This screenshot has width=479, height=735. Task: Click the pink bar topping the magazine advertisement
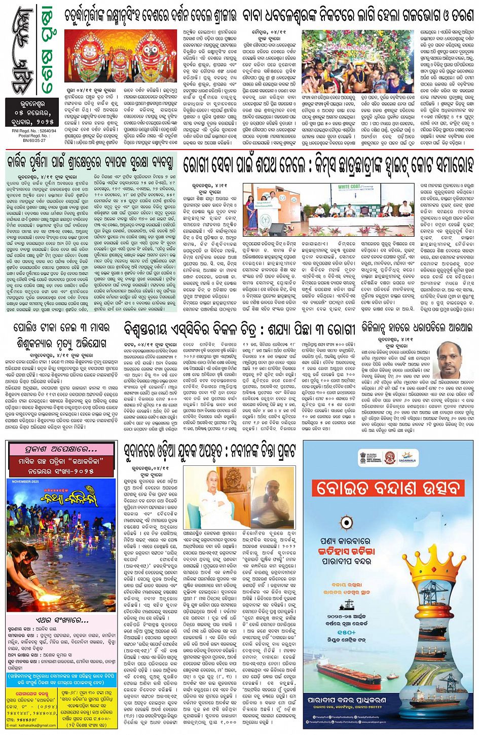coord(61,449)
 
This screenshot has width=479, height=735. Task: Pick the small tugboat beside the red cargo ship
coord(393,676)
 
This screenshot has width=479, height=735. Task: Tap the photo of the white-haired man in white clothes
coord(213,497)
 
